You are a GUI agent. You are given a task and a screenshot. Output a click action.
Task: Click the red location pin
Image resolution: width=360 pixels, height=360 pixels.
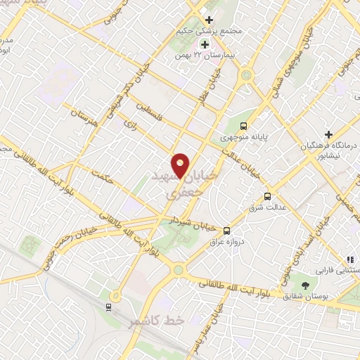coord(181,165)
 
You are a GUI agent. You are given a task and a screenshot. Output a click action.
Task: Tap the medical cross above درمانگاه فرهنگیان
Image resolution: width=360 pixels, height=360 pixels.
coord(328,134)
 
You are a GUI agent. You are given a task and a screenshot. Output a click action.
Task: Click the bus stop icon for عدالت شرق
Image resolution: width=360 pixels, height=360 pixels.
coord(267,196)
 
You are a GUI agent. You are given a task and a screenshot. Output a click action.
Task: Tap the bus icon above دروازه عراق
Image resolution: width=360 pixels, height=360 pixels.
coord(226,230)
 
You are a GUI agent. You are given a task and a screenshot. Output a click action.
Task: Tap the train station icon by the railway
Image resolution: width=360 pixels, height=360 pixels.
coord(109,306)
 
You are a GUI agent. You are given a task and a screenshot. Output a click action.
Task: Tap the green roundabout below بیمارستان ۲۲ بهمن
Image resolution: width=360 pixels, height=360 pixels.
coord(246,75)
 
